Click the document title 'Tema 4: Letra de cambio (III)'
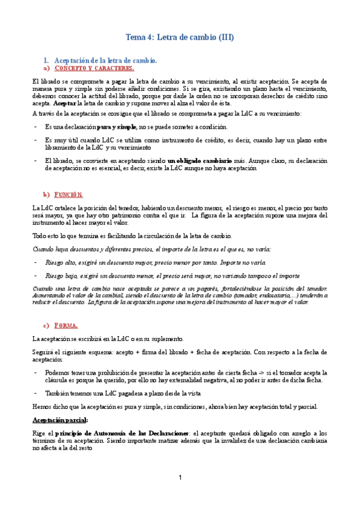(x=180, y=37)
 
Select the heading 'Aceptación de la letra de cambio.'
(x=106, y=61)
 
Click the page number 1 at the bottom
(x=180, y=478)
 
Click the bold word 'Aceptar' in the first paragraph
(x=58, y=103)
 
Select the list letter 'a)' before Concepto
(x=47, y=69)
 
